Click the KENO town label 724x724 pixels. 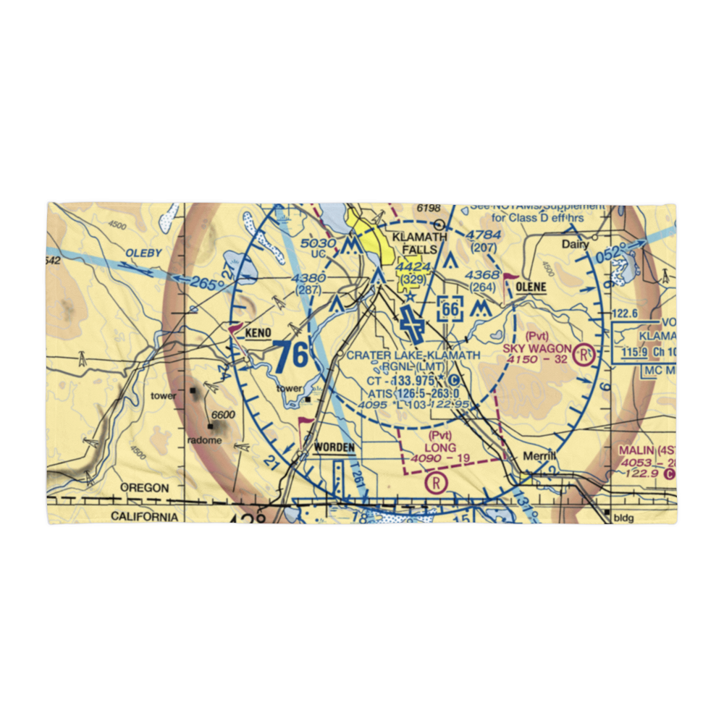[x=258, y=333]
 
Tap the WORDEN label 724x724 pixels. [x=334, y=447]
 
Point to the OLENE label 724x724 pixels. [x=532, y=287]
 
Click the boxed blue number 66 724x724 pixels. [x=450, y=309]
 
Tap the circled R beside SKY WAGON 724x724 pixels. [x=584, y=355]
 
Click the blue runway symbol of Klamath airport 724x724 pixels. [x=413, y=323]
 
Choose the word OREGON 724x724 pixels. [x=144, y=488]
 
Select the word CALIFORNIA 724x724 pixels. [x=144, y=516]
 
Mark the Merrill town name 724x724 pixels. [x=540, y=455]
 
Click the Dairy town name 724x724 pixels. [x=576, y=245]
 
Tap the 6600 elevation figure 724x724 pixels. [x=223, y=415]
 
